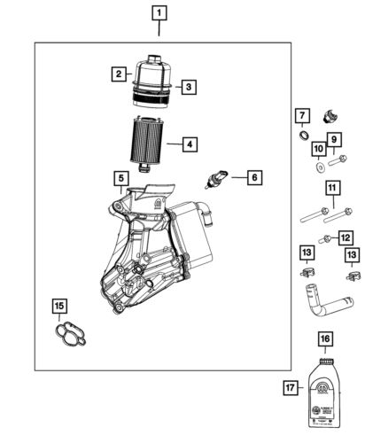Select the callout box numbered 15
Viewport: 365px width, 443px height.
point(58,307)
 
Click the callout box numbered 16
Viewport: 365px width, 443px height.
point(324,338)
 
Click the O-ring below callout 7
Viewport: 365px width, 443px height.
point(302,136)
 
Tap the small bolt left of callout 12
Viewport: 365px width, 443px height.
point(327,239)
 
